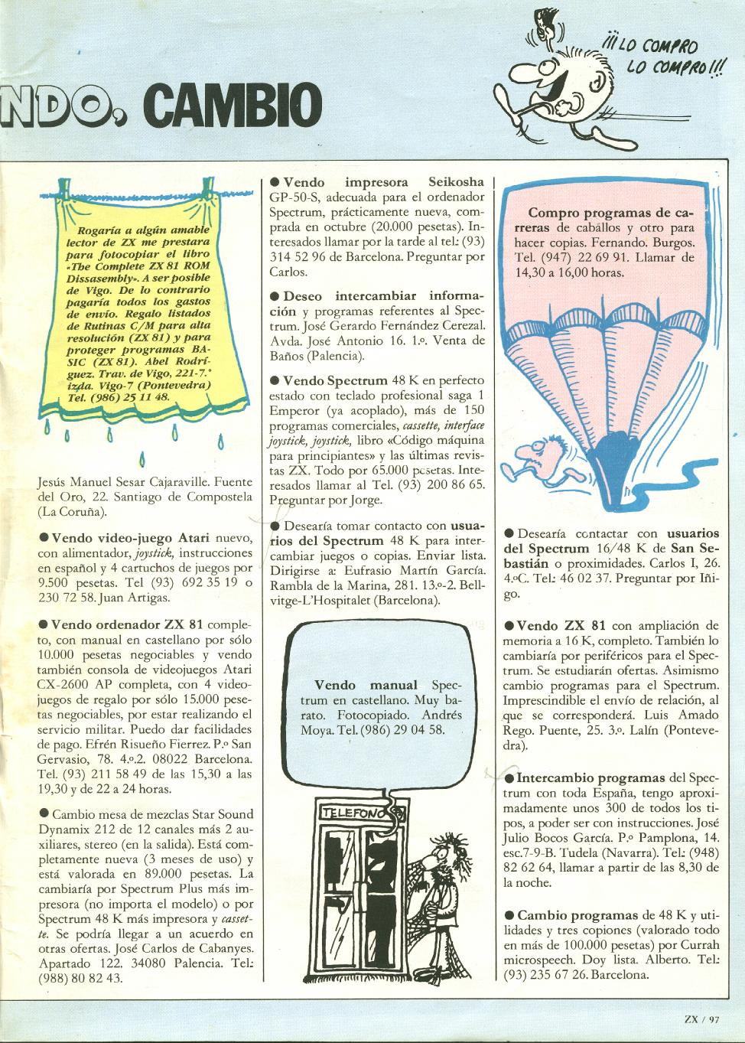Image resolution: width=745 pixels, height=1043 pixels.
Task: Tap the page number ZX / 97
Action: (x=702, y=1018)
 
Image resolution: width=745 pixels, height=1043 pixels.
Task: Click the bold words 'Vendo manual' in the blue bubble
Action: (x=366, y=685)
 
